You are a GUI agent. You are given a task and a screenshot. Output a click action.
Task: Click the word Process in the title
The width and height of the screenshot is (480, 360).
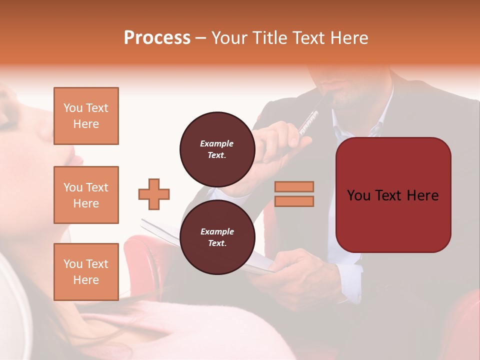[x=157, y=38]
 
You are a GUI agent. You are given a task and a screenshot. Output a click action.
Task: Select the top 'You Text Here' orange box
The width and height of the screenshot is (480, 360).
[x=86, y=116]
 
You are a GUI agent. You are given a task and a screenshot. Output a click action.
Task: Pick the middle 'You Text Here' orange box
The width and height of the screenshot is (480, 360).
[x=86, y=195]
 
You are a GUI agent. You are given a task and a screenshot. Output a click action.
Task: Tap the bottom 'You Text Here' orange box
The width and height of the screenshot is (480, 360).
[x=86, y=271]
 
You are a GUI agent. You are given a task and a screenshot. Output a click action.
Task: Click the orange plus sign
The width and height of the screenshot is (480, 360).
[x=154, y=194]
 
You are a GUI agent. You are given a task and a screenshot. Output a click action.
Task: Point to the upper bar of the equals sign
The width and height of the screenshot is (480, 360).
[x=294, y=186]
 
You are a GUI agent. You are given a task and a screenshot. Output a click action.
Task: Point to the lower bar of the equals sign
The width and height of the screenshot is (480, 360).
[x=294, y=201]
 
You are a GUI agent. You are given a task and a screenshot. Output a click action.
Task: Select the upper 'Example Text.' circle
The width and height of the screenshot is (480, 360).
[x=217, y=149]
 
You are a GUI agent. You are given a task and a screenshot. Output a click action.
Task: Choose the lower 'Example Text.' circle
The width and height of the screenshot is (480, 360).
[x=217, y=237]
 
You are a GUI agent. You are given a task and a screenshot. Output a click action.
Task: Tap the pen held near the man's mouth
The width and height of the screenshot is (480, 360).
[x=310, y=117]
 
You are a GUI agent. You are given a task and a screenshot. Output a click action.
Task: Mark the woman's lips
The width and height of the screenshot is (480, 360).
[x=75, y=159]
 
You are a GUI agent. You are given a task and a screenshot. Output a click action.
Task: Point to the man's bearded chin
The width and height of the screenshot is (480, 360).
[x=345, y=100]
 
